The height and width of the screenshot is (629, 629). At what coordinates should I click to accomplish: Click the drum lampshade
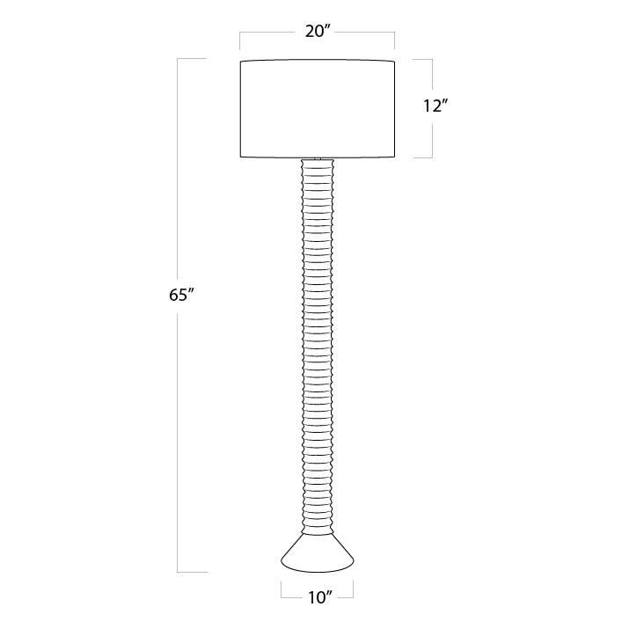317,108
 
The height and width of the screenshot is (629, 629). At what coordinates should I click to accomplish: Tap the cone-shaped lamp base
317,552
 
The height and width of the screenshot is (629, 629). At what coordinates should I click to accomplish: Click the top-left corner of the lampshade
241,60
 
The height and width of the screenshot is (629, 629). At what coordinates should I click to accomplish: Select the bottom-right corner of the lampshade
393,157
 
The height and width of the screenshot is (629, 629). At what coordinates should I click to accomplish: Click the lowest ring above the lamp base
318,525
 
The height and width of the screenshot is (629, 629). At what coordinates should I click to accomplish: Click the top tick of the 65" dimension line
192,59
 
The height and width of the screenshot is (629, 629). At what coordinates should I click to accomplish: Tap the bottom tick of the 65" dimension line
192,572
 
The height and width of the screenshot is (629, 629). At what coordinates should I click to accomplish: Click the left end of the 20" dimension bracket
241,41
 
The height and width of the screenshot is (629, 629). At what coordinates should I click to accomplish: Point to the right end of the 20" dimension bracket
393,41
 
